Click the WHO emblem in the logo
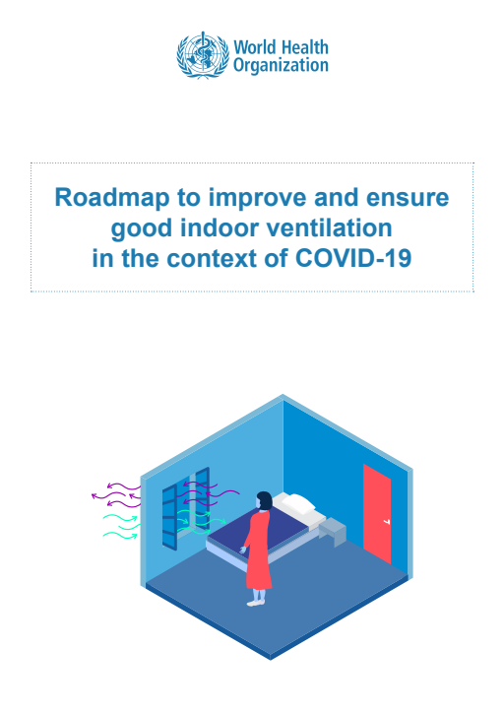pyautogui.click(x=203, y=55)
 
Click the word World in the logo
pyautogui.click(x=255, y=47)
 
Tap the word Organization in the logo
pyautogui.click(x=281, y=66)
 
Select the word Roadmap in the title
pyautogui.click(x=112, y=199)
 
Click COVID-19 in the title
pyautogui.click(x=353, y=258)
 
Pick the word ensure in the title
pyautogui.click(x=408, y=198)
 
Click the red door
pyautogui.click(x=377, y=514)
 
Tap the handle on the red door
pyautogui.click(x=386, y=522)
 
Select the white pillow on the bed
pyautogui.click(x=298, y=503)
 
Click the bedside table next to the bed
pyautogui.click(x=333, y=531)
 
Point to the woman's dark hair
pyautogui.click(x=264, y=500)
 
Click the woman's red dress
pyautogui.click(x=259, y=550)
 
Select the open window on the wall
pyautogui.click(x=186, y=507)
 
